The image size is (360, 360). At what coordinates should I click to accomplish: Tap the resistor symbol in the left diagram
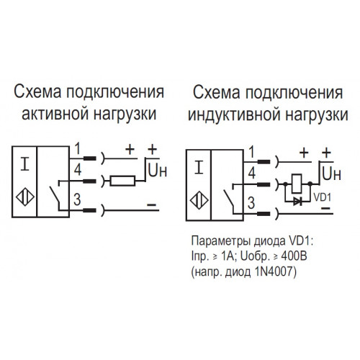coord(122,181)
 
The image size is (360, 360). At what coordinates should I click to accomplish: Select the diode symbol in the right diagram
coord(298,202)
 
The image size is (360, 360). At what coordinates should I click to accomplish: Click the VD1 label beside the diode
coord(323,197)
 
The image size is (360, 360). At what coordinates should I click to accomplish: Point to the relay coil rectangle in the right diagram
coord(297,184)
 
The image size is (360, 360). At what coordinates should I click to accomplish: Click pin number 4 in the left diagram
coord(78,170)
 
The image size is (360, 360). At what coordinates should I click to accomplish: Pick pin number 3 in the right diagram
coord(251,203)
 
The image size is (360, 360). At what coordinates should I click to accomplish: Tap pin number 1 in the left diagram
coord(78,149)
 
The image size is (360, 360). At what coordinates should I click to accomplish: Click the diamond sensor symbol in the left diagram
coord(25,197)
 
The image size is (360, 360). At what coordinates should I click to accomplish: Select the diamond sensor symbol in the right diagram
coord(199,200)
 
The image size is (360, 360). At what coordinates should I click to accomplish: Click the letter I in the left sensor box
coord(24,165)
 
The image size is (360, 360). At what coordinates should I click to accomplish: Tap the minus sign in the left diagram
coord(152,204)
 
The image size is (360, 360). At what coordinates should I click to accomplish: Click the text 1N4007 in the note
coord(273,271)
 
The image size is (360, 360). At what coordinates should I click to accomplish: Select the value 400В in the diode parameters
coord(294,256)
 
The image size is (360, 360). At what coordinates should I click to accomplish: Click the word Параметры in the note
coord(222,242)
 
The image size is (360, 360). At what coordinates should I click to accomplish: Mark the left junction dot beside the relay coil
coord(285,184)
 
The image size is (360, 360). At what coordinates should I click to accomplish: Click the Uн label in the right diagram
coord(332,174)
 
